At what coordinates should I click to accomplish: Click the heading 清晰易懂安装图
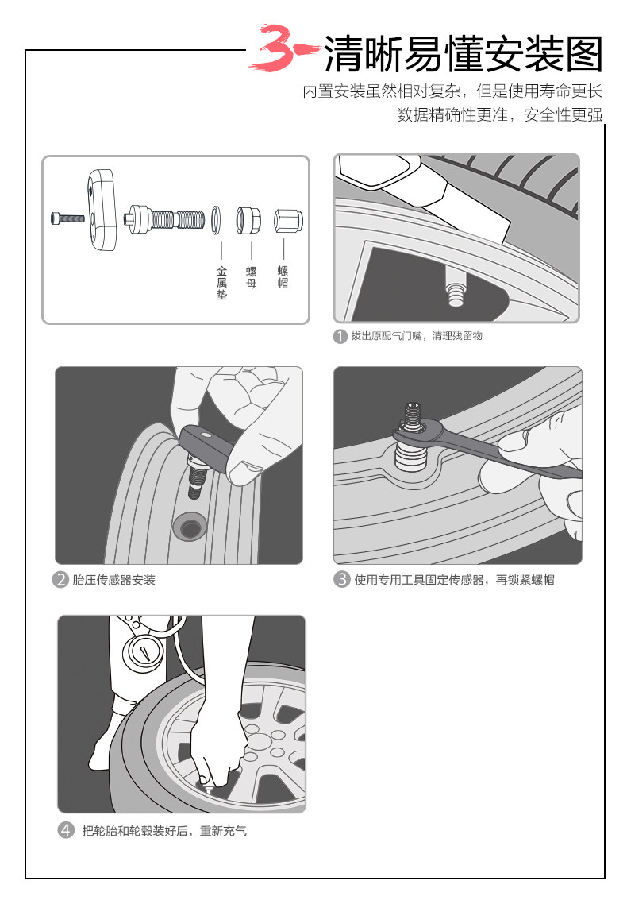(464, 54)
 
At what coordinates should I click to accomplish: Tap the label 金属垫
(221, 283)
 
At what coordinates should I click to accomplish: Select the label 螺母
(251, 277)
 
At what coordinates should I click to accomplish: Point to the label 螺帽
(283, 277)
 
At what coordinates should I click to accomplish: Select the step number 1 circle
(340, 336)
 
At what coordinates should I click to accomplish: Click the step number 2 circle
(60, 580)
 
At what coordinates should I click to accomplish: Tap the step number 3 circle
(342, 580)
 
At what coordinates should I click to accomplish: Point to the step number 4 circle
(66, 831)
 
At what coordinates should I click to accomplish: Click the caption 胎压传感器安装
(114, 580)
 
